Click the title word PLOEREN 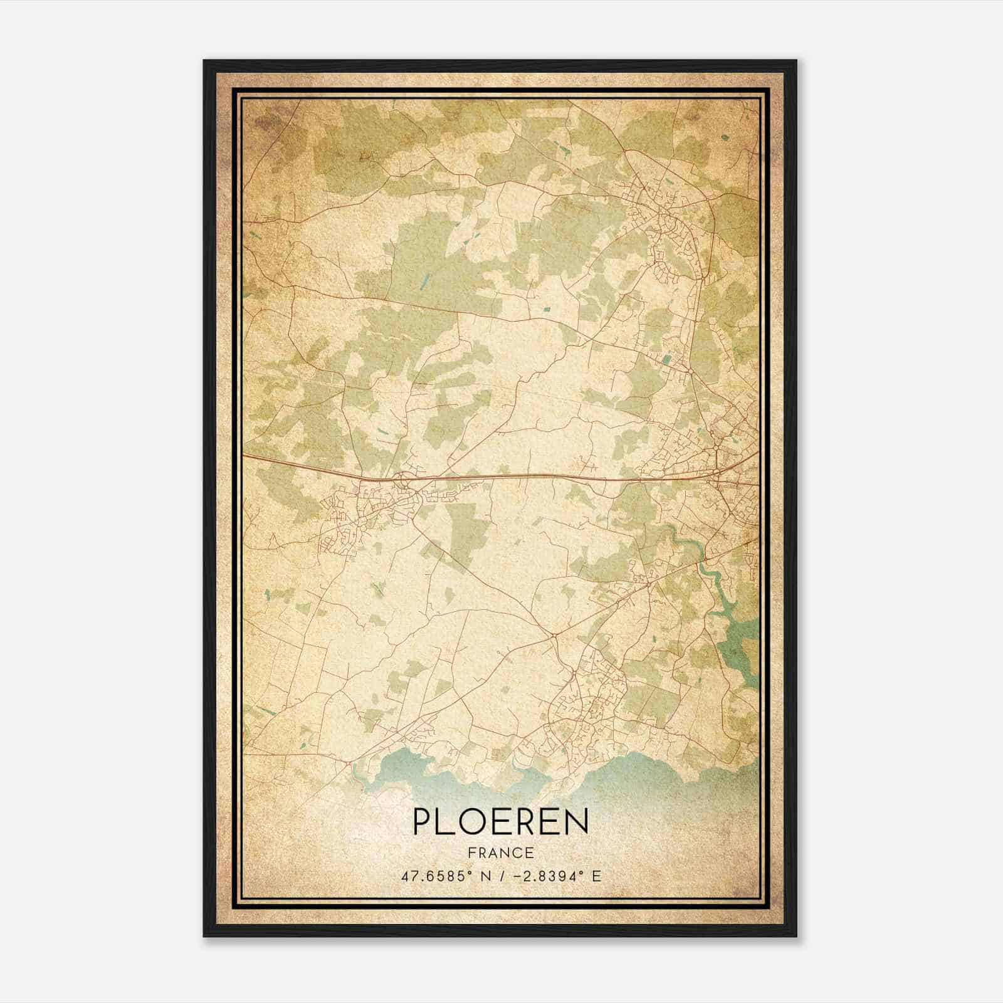point(500,822)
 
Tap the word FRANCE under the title point(500,853)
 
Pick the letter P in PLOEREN point(421,822)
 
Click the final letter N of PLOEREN point(577,822)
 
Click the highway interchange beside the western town point(402,481)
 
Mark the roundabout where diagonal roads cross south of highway point(554,636)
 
